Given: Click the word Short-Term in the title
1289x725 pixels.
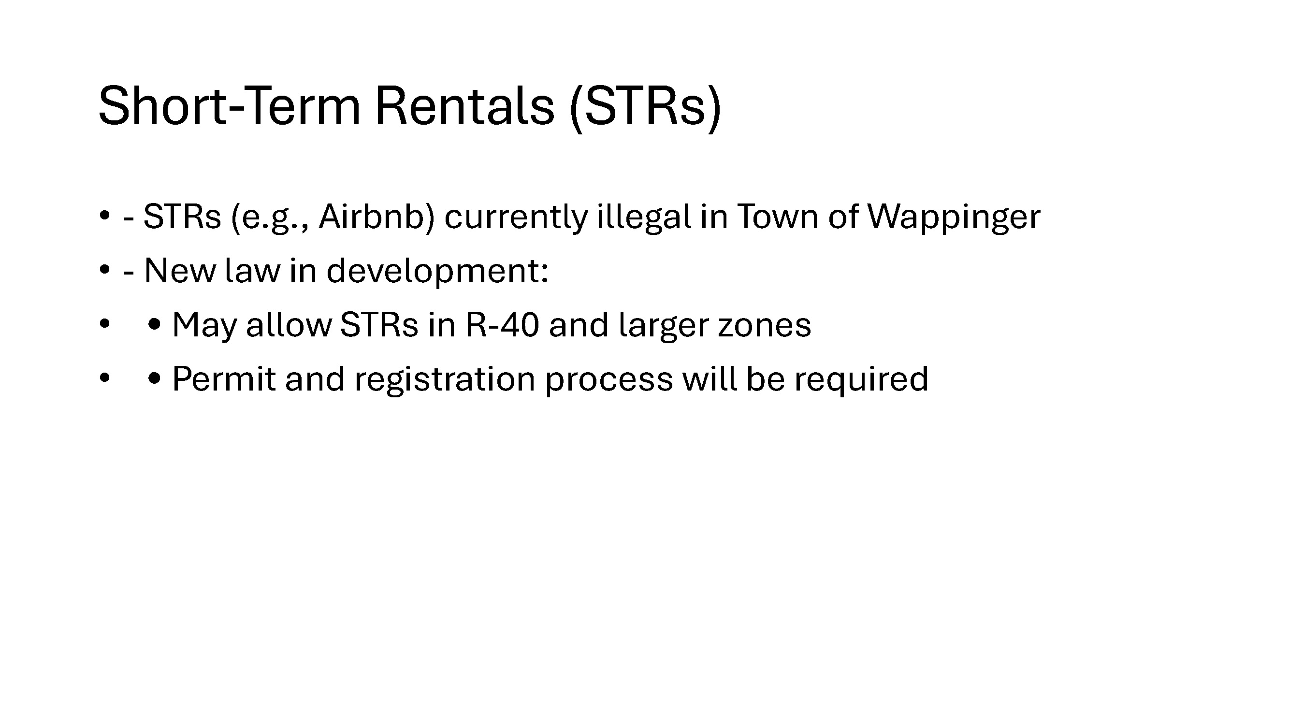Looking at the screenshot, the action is pos(229,105).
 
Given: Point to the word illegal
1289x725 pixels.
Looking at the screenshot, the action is pos(644,217).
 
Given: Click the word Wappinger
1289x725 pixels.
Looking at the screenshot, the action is pos(954,218).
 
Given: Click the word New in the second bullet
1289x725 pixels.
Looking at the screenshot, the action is pos(180,271).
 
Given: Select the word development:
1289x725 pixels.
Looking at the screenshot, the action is pos(437,272).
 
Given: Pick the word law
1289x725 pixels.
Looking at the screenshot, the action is pos(253,271).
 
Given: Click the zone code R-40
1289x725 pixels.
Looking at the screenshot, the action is pos(502,325).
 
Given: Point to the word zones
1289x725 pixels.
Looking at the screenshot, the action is pos(765,326).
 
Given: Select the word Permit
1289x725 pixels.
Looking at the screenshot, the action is pos(224,379).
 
